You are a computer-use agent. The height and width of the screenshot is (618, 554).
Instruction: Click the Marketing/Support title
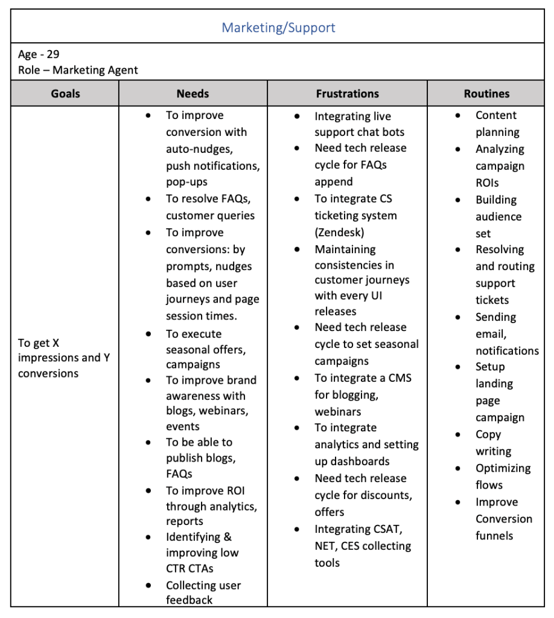point(278,27)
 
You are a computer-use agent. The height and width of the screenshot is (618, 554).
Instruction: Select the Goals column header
point(65,94)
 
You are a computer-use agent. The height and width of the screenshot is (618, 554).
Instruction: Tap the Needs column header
point(193,94)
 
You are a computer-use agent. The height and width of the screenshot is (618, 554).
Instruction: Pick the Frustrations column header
point(347,94)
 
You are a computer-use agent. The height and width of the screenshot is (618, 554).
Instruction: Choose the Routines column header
point(486,94)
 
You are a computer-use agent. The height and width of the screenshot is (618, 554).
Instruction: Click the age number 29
point(53,54)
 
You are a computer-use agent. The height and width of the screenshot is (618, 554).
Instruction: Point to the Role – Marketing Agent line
point(78,70)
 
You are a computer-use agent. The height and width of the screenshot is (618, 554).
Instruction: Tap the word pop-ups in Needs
point(186,182)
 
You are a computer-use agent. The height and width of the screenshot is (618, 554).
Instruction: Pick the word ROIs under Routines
point(488,182)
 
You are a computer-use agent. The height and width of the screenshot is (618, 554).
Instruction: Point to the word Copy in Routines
point(488,434)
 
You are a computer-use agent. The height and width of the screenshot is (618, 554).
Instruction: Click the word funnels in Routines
point(494,535)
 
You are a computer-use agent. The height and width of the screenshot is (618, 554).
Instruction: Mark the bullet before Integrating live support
point(298,117)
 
